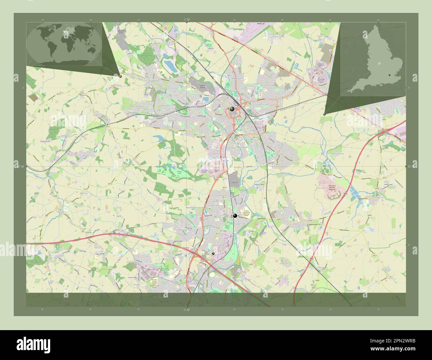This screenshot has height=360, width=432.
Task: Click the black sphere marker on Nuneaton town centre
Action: (232, 109)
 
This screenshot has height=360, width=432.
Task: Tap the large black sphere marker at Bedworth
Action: (235, 216)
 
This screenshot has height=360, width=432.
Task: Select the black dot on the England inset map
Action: (389, 76)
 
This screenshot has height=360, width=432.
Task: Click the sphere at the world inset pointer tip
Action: (120, 76)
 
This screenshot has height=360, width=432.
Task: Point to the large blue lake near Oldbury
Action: (170, 65)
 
